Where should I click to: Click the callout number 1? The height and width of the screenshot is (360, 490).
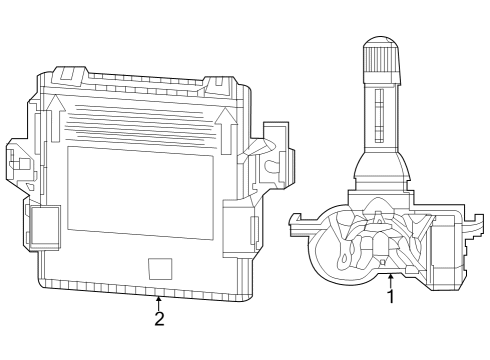pyautogui.click(x=390, y=296)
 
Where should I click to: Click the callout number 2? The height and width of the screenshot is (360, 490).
pyautogui.click(x=158, y=319)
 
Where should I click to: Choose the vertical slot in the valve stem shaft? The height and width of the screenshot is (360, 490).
pyautogui.click(x=380, y=118)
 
